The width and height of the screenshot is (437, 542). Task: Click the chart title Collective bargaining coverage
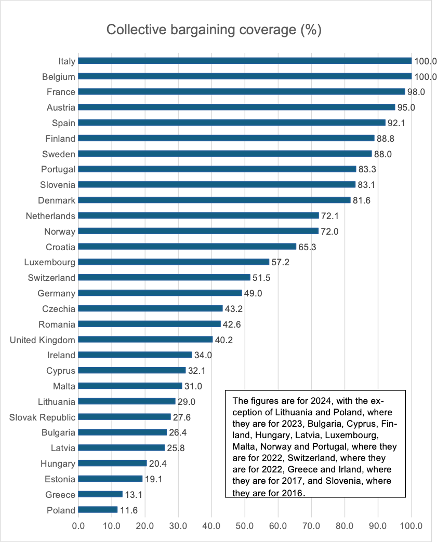coord(214,30)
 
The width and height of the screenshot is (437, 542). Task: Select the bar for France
coord(242,92)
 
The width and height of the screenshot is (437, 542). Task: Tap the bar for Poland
coord(98,510)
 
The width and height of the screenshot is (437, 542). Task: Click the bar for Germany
coord(160,293)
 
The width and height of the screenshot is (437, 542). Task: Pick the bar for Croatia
coord(187,247)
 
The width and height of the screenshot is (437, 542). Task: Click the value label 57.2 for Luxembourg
coord(281,262)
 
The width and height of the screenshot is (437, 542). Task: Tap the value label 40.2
coord(224,340)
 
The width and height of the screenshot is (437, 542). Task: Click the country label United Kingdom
coord(43,340)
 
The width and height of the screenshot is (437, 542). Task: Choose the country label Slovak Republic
coord(43,417)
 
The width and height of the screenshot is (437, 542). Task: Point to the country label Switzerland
coord(51,278)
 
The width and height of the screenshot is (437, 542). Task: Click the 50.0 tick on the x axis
coord(245,525)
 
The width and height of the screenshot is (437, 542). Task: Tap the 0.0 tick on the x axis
coord(78,525)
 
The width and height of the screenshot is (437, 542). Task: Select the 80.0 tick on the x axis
coord(345,525)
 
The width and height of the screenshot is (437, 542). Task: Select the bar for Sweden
coord(225,154)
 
